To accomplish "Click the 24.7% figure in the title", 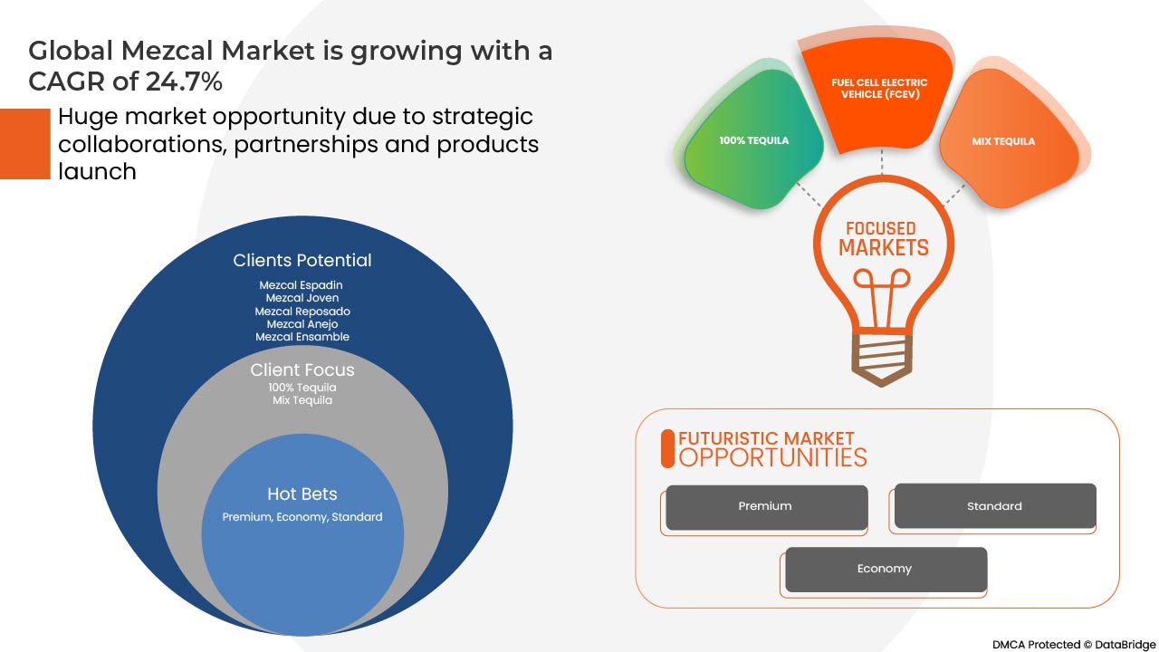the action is [184, 81].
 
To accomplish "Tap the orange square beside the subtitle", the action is [24, 144].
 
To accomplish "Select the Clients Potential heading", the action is [302, 260].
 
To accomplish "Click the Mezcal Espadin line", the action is [301, 285].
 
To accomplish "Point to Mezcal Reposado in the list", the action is [302, 312].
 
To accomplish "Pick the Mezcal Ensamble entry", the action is [302, 337].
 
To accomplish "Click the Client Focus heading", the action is [302, 370].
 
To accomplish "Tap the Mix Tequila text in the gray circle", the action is [302, 400].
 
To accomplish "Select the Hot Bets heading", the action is [302, 494].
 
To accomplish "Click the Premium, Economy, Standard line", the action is [302, 517].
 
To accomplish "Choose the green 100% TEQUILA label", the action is [754, 140].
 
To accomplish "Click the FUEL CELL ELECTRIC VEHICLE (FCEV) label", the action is [879, 89].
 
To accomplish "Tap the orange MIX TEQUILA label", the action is [1003, 141].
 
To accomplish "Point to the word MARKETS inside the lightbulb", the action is [884, 248].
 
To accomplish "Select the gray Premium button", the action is [767, 507].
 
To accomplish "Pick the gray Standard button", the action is [995, 506].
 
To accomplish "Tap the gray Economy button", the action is [886, 570].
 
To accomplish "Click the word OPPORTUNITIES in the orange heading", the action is [772, 457].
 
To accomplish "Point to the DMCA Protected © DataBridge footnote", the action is [1074, 644].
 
